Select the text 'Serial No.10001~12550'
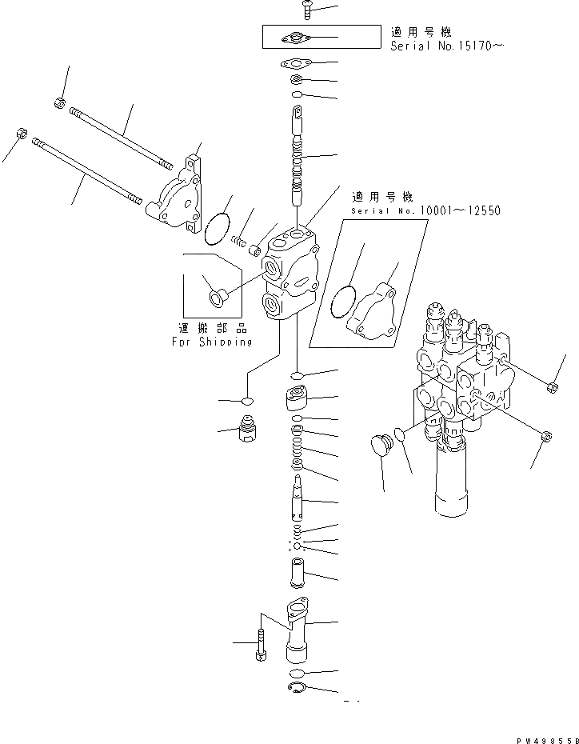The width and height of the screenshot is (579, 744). coord(425,211)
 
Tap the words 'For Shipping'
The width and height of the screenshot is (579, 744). coord(212,342)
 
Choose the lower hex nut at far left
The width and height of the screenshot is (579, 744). coord(22,132)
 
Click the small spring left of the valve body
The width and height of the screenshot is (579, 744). coord(238,239)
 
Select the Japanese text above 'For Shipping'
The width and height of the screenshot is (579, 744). coord(212,328)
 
